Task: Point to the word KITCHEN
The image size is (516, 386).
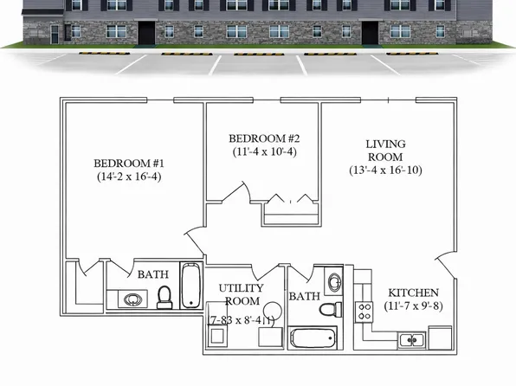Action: [413, 293]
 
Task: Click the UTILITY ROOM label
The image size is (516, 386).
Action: [240, 294]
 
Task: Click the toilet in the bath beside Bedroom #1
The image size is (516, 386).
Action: [164, 297]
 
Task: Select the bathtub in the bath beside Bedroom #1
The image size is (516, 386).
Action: [190, 286]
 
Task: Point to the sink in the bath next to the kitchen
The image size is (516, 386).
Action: [335, 282]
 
